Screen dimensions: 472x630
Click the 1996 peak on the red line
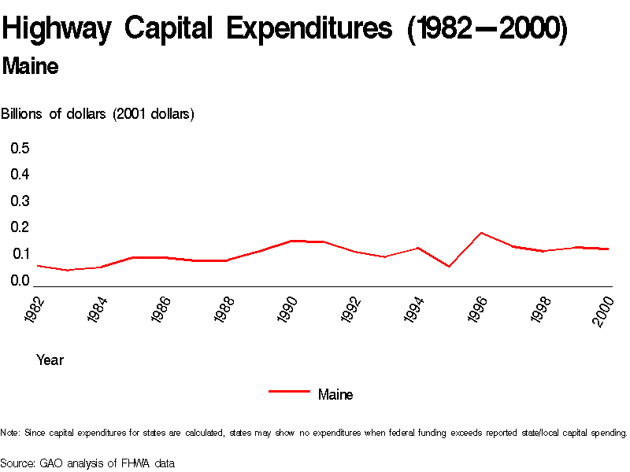click(x=481, y=233)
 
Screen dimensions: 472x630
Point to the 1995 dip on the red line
click(x=449, y=267)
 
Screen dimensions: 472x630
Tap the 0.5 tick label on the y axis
click(x=20, y=148)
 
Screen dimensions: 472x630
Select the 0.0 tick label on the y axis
click(x=20, y=280)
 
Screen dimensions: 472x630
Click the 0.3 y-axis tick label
click(x=20, y=201)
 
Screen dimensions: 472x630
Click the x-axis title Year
click(x=50, y=360)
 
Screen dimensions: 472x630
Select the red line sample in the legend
click(x=289, y=391)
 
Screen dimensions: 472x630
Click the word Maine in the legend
click(x=335, y=394)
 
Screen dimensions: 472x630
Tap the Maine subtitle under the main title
click(x=30, y=67)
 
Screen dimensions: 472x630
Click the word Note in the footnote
click(x=10, y=433)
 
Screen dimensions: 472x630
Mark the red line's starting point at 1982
click(x=37, y=266)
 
